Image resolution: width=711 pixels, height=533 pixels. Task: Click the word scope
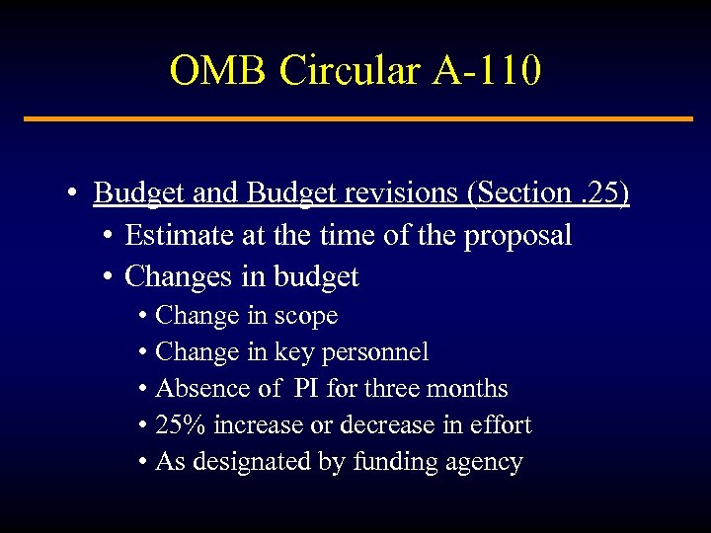point(305,317)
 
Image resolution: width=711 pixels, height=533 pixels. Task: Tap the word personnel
point(379,352)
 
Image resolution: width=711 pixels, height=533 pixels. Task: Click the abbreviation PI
point(306,389)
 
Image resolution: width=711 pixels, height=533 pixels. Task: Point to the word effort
point(503,425)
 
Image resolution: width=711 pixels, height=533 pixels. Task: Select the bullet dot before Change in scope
point(144,316)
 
